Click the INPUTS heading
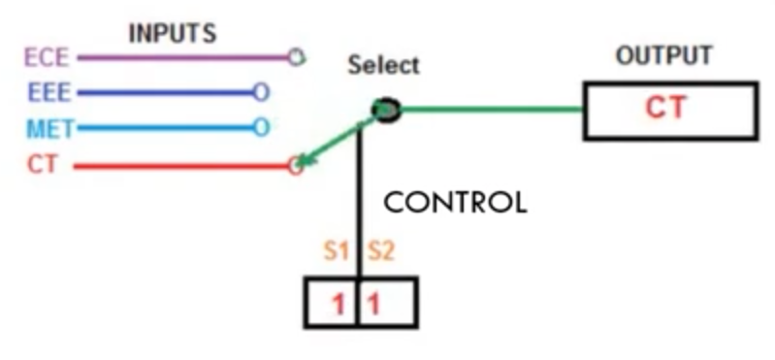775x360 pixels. (x=173, y=34)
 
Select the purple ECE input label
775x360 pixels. (x=47, y=58)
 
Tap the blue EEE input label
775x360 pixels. (x=49, y=92)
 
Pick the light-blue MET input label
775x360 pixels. (x=49, y=128)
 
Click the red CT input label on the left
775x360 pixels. (x=43, y=164)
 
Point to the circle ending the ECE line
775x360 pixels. (x=296, y=58)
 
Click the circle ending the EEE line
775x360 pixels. (x=261, y=92)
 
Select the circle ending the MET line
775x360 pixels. (x=261, y=127)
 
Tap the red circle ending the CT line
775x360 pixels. (x=296, y=166)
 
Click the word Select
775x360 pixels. (x=384, y=65)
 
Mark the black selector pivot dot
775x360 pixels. (x=386, y=111)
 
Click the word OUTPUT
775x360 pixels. (x=663, y=55)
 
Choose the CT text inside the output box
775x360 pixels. (x=665, y=108)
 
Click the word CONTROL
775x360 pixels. (x=455, y=203)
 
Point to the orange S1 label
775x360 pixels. (x=337, y=251)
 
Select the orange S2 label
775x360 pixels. (x=381, y=251)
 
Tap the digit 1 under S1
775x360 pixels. (x=339, y=304)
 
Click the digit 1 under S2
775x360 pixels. (x=374, y=304)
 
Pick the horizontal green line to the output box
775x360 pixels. (x=492, y=110)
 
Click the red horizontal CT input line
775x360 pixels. (x=181, y=167)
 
